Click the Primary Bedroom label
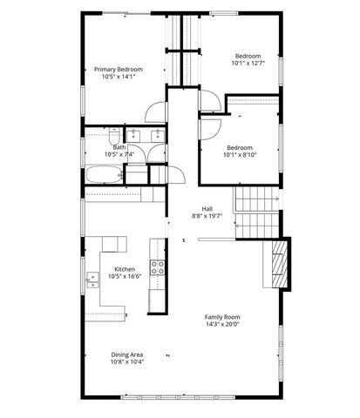[119, 69]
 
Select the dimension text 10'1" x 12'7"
[247, 63]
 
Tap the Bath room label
[119, 147]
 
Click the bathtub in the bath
[104, 174]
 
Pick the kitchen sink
[92, 280]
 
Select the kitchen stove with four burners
[159, 268]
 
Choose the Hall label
[207, 208]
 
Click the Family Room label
[222, 317]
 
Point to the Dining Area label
[127, 354]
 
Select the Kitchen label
[124, 270]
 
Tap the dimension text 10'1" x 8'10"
[241, 154]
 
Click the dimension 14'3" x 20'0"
[222, 325]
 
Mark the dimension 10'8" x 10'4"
[127, 361]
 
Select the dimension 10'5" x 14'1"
[119, 77]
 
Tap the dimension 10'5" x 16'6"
[124, 278]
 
